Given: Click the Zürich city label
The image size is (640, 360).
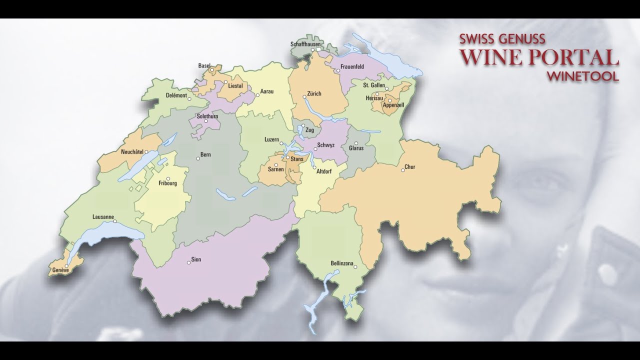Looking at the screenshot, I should (314, 94).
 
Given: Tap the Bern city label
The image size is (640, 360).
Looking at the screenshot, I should (205, 154).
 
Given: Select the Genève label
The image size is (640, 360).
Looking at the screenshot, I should (60, 270).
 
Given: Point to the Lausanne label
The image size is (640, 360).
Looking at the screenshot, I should (103, 217).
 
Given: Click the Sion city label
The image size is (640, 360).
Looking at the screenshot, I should (196, 259).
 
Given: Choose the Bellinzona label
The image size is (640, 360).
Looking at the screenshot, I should (342, 263).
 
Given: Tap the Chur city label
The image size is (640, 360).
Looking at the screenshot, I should (410, 167).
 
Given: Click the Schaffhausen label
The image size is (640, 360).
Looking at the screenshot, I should (305, 44).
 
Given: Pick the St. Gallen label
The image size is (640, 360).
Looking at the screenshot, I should (374, 85).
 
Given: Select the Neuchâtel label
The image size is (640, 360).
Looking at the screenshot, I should (132, 151).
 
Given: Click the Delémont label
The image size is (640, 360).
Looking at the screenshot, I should (176, 95).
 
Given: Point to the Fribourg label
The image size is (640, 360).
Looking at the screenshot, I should (167, 183).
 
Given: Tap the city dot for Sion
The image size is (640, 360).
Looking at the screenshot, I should (188, 262).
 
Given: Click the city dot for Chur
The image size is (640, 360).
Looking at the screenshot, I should (403, 170).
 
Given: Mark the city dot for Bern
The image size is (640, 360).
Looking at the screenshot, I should (198, 158).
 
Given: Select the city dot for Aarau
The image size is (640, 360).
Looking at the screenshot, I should (257, 95).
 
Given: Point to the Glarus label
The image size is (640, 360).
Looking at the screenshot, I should (356, 148).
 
